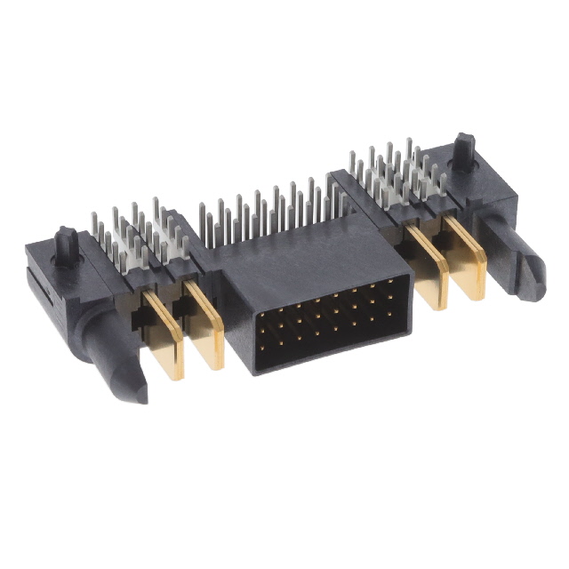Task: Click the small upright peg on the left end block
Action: click(x=66, y=242)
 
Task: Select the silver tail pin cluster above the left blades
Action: click(x=138, y=233)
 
